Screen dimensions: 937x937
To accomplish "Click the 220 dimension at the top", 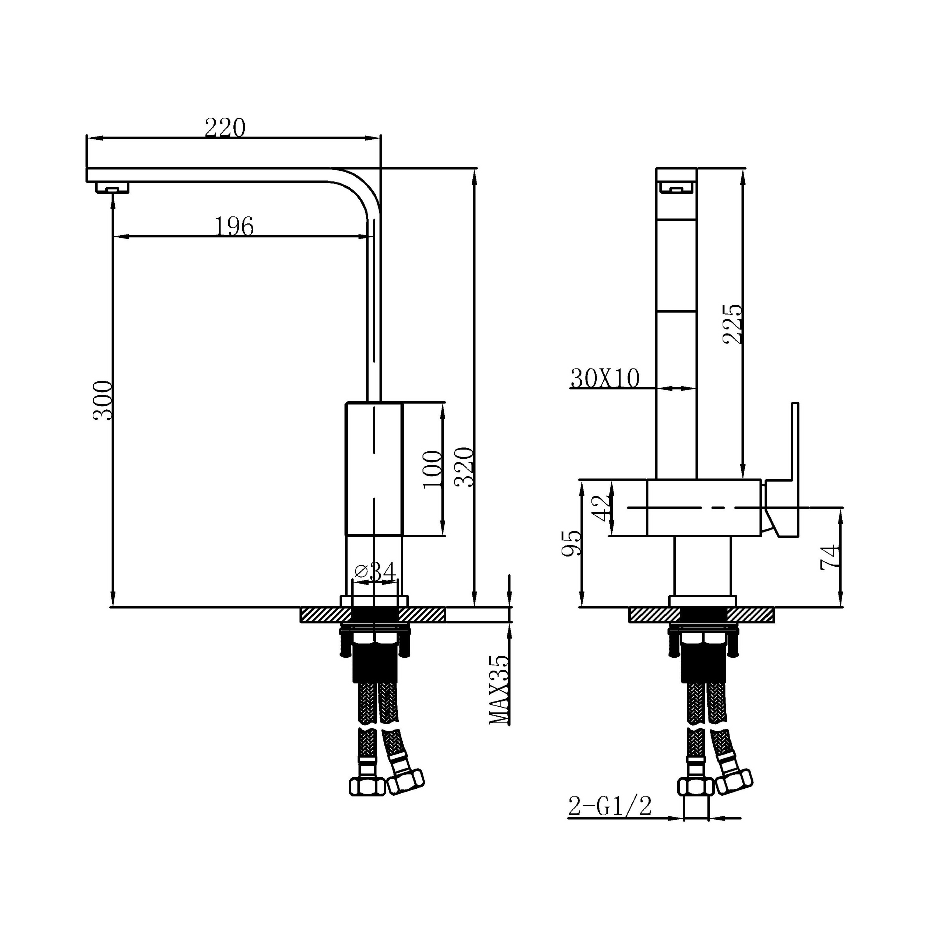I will click(225, 128).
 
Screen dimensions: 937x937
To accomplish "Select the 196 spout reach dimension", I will click(234, 226).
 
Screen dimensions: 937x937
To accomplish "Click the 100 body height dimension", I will click(433, 470).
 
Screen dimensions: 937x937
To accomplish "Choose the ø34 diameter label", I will click(375, 571).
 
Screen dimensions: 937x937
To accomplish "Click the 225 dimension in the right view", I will click(733, 324).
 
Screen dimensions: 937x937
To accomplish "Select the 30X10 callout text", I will click(605, 379).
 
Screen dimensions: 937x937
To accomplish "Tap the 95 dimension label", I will click(572, 543).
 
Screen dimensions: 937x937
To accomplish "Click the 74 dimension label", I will click(830, 557).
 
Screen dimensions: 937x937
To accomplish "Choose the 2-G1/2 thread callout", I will click(610, 806).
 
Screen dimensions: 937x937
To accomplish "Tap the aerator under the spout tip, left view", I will click(112, 188).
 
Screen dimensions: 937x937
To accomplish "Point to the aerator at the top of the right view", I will click(676, 188).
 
